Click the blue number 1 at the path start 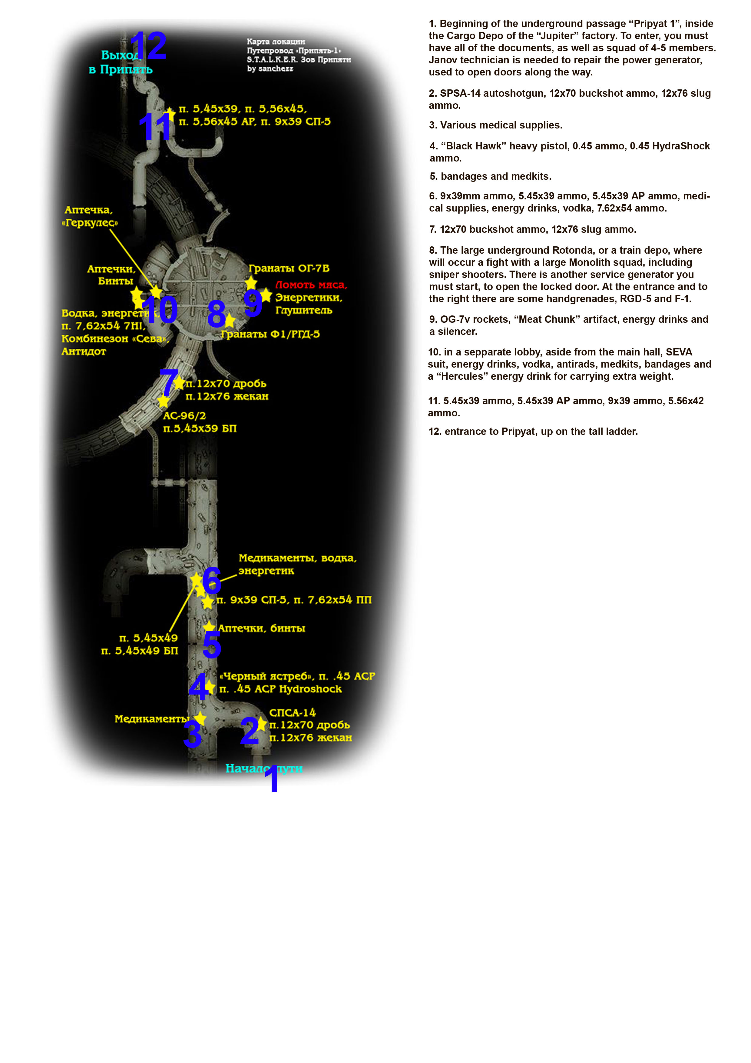273,779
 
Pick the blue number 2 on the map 250,731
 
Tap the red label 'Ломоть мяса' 311,285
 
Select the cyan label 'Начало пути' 264,768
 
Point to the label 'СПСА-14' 293,712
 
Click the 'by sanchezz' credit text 270,68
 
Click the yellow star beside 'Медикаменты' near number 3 200,718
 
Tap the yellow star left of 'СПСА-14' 262,723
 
